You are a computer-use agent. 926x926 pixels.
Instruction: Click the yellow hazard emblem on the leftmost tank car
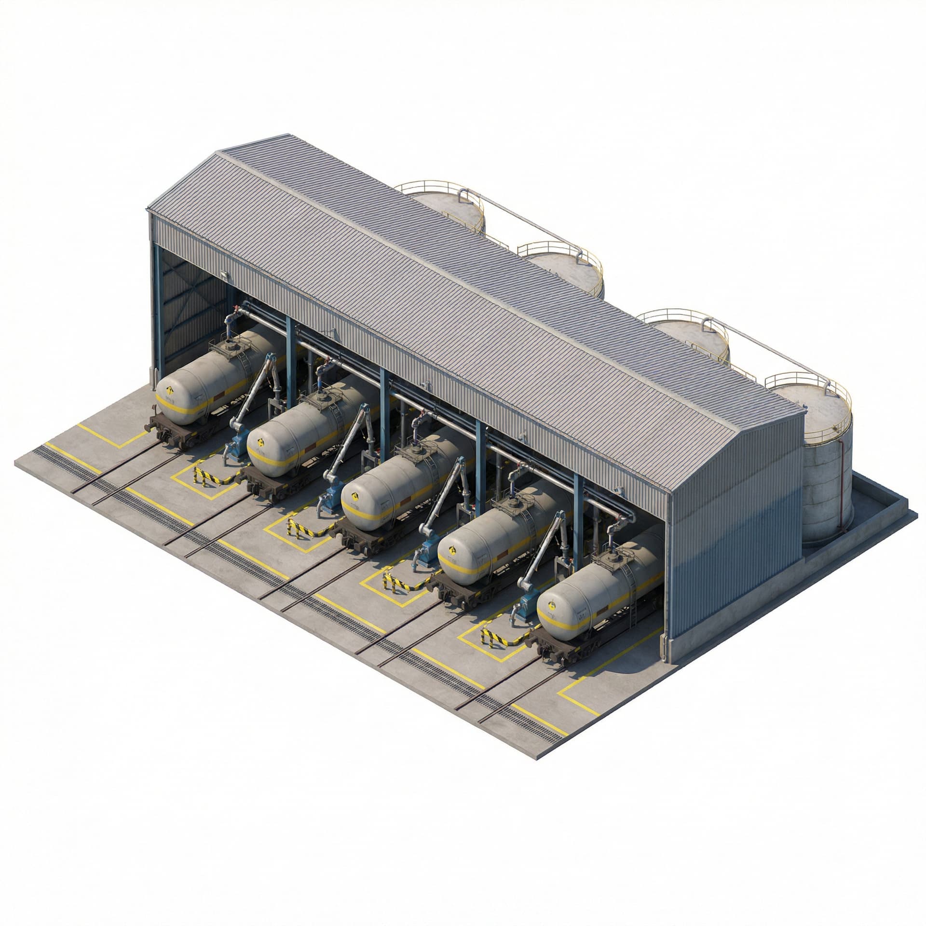click(170, 391)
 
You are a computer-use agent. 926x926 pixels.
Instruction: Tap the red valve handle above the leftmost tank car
click(235, 308)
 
